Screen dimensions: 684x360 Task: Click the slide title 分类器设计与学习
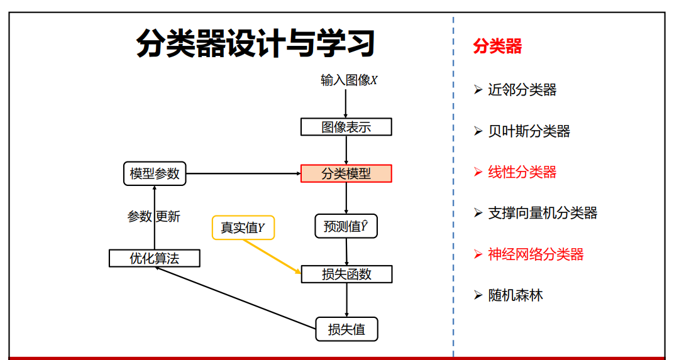click(x=255, y=43)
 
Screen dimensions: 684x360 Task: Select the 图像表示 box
click(x=346, y=127)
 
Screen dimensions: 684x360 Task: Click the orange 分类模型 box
click(x=346, y=173)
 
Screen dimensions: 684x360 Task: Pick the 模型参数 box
click(x=155, y=173)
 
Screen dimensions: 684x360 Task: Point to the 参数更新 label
click(x=154, y=217)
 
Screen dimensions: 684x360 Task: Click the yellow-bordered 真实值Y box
click(x=243, y=227)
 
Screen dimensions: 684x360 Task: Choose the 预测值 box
click(x=346, y=226)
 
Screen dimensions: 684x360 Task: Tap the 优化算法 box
click(x=155, y=258)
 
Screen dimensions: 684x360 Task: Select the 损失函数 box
click(x=346, y=275)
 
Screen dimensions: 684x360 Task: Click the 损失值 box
click(x=346, y=329)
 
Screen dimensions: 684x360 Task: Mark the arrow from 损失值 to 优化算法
click(x=236, y=298)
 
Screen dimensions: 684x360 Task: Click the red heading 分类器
click(x=497, y=46)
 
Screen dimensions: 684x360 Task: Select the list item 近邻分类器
click(x=522, y=90)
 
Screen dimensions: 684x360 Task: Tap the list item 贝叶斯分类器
click(x=529, y=131)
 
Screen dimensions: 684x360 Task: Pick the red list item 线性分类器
click(x=522, y=172)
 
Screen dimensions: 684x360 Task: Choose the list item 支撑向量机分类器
click(x=543, y=213)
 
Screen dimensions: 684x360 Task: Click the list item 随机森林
click(x=516, y=295)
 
